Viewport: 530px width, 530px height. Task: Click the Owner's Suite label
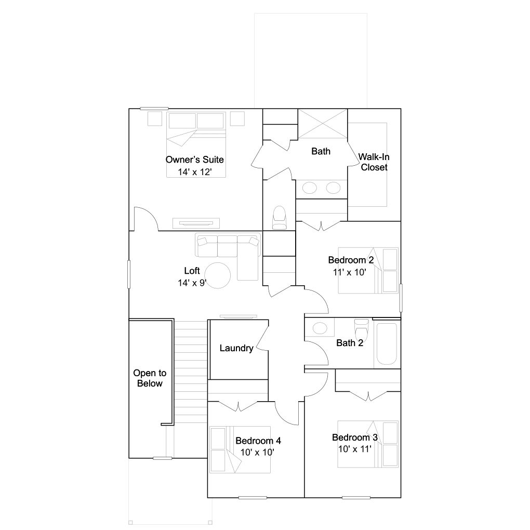195,160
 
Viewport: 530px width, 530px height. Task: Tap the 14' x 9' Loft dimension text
192,283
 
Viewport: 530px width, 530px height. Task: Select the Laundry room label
236,348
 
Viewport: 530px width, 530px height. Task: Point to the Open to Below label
150,378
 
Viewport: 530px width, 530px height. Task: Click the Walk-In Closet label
374,162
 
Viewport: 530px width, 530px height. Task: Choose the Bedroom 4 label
258,441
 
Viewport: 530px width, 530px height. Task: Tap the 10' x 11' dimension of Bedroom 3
355,449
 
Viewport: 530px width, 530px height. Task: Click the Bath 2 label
350,343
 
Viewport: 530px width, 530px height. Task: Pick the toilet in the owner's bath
280,218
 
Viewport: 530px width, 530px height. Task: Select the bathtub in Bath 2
387,344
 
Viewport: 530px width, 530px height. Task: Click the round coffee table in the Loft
218,275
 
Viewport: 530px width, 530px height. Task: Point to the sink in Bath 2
320,327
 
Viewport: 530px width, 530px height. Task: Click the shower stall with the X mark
323,124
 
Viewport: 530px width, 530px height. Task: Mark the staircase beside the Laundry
190,372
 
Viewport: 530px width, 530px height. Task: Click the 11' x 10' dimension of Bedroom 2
350,272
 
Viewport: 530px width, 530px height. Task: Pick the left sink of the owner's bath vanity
310,188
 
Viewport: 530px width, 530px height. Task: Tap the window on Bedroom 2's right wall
401,298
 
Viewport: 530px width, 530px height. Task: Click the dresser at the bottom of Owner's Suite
196,223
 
